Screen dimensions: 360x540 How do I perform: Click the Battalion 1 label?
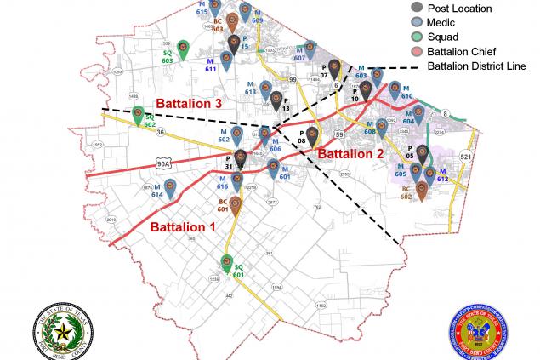[183, 227]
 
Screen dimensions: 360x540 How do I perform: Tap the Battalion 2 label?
[350, 153]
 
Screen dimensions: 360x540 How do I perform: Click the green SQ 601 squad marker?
[226, 264]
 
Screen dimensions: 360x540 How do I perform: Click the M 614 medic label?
[156, 192]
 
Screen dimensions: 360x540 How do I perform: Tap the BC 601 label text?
[223, 205]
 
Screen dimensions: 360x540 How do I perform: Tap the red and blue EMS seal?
[479, 329]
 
